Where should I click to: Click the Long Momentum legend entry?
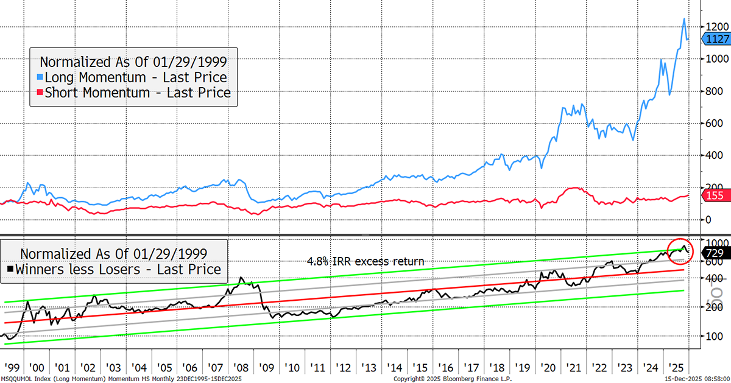click(x=131, y=77)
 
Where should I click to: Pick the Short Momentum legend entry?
click(x=133, y=93)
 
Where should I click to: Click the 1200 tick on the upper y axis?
click(x=713, y=27)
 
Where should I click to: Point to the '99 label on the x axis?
click(x=11, y=367)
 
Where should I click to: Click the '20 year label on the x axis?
click(x=547, y=367)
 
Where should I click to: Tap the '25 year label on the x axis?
click(x=676, y=367)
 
